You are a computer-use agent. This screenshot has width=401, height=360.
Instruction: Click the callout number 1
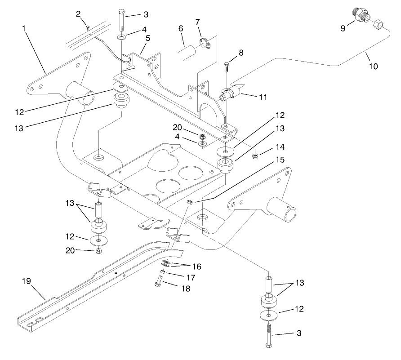24,29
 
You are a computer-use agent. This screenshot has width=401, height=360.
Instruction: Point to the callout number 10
373,66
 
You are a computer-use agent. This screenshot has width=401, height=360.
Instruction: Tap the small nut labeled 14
254,156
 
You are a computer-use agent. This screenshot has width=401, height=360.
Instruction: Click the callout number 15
280,160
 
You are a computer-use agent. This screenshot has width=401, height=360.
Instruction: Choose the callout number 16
196,267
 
